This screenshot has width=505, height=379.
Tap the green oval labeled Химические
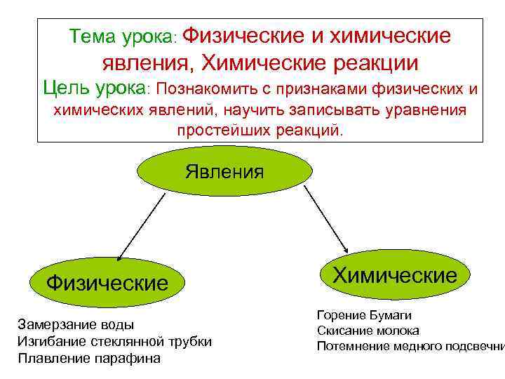(394, 275)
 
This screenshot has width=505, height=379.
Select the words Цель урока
(95, 88)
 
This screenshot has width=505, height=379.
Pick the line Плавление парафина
(89, 358)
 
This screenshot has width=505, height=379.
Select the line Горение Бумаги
(364, 315)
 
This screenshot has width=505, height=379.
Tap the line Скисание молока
(368, 330)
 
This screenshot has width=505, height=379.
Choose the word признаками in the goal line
(314, 89)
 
